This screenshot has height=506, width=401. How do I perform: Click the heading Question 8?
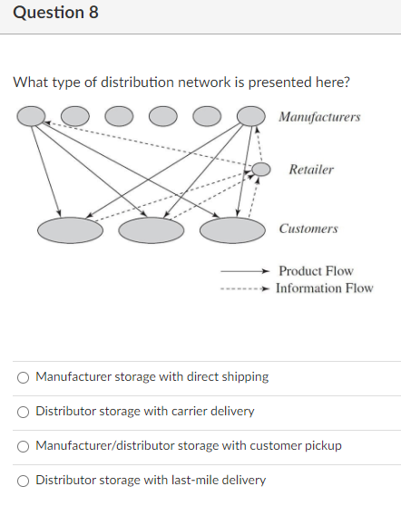[x=55, y=14]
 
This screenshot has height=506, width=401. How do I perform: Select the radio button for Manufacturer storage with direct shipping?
[x=23, y=376]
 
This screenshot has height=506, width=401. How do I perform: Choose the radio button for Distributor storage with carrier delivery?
[x=23, y=411]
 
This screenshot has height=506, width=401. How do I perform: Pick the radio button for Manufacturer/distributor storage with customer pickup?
[x=23, y=445]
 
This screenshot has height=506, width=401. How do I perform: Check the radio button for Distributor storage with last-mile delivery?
[x=23, y=480]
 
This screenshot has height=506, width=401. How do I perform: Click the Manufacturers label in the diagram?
[x=319, y=117]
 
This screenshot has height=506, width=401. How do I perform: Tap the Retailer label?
[x=311, y=170]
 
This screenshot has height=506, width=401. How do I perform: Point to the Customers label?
[x=308, y=229]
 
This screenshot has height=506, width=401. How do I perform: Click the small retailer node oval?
[x=261, y=169]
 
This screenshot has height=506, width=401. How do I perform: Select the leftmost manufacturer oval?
[x=33, y=115]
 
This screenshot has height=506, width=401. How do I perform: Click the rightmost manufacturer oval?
[x=250, y=115]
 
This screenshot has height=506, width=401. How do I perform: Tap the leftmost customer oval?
[x=70, y=230]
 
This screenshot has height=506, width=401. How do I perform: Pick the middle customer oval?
[x=151, y=230]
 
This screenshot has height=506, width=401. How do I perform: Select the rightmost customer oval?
[x=231, y=230]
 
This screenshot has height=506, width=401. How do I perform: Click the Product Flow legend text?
[x=316, y=271]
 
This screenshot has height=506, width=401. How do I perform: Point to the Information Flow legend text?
[x=324, y=288]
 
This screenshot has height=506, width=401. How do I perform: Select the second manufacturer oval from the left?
[x=75, y=115]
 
